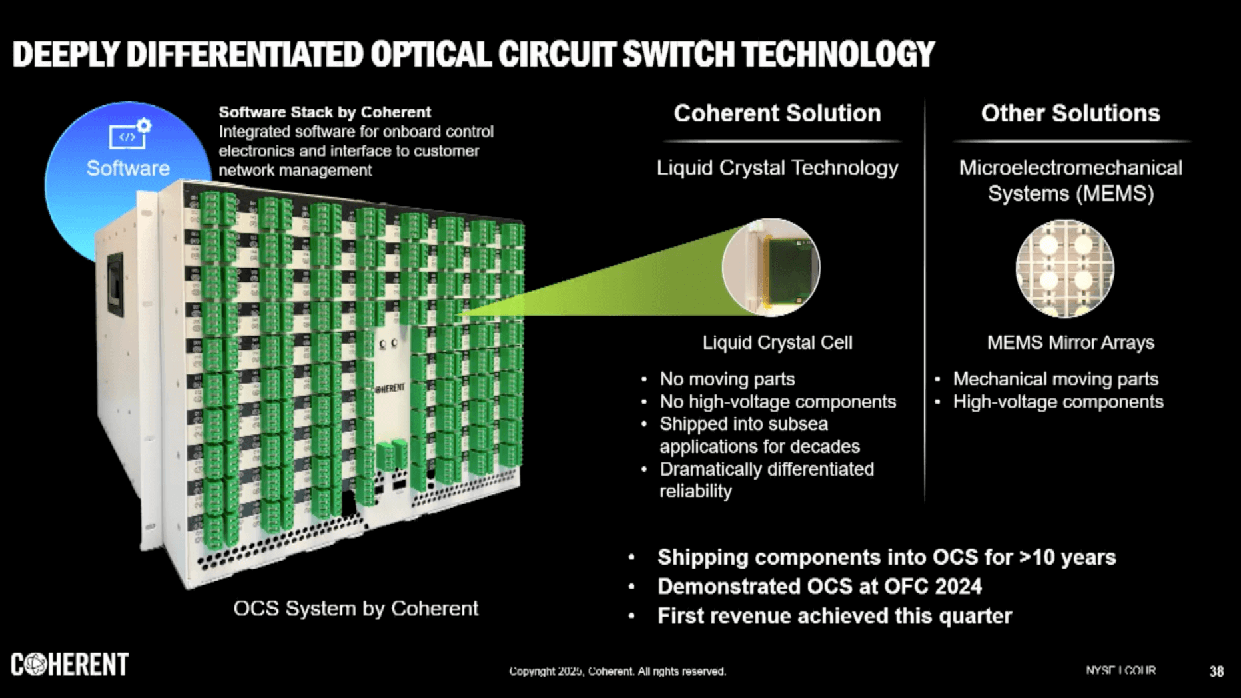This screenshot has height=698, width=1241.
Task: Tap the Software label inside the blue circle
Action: [128, 169]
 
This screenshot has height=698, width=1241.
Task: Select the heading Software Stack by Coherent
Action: [324, 112]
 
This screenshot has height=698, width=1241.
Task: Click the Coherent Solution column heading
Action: [777, 113]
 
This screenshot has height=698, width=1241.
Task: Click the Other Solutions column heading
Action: [1070, 113]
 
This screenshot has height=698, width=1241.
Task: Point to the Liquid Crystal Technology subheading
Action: [777, 168]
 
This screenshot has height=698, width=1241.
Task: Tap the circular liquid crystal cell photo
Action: [771, 267]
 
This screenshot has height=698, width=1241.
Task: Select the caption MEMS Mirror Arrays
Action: [1070, 342]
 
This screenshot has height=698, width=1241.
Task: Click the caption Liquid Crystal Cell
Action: [777, 342]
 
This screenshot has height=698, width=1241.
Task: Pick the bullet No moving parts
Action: [727, 379]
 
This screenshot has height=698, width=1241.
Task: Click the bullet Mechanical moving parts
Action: [1055, 379]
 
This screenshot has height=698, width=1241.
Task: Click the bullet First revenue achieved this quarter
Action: [834, 616]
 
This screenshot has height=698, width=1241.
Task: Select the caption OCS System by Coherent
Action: [356, 608]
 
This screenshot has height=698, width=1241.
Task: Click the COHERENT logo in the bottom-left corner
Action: [69, 664]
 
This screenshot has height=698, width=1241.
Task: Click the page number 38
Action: [1216, 671]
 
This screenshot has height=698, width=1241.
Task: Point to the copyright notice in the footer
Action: [618, 671]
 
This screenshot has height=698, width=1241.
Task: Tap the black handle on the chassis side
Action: [115, 284]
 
